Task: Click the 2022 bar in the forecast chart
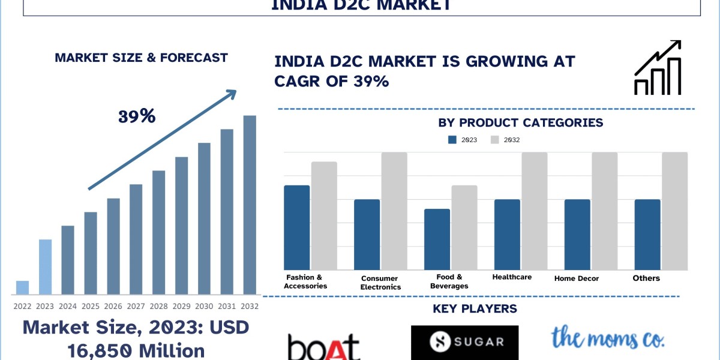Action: click(x=22, y=287)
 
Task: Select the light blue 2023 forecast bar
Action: click(x=46, y=267)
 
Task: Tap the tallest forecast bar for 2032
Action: click(x=250, y=205)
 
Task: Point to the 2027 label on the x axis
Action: click(x=136, y=306)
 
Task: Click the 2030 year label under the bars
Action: click(x=204, y=306)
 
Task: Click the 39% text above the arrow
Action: click(x=137, y=116)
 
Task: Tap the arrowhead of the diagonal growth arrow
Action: click(x=230, y=94)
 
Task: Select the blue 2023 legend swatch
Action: click(x=452, y=140)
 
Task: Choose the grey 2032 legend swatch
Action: click(x=495, y=140)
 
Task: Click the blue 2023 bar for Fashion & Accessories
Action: click(x=296, y=227)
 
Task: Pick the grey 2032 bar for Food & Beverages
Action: click(x=464, y=227)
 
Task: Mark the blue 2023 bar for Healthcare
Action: click(x=507, y=235)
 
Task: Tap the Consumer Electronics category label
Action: click(x=380, y=283)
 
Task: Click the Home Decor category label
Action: click(x=576, y=278)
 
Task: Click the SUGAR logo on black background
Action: click(x=464, y=342)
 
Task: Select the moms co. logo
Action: click(x=608, y=338)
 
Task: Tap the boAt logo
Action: click(x=324, y=347)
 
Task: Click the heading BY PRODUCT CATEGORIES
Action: click(x=520, y=123)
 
